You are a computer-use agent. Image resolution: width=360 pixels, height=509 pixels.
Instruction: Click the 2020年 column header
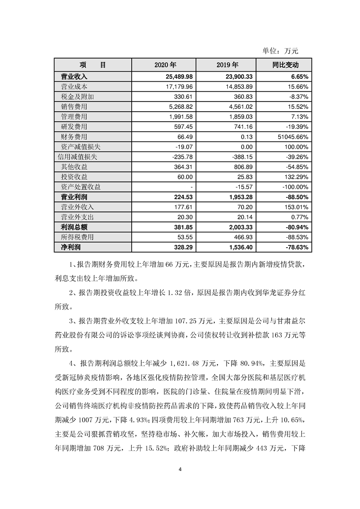pyautogui.click(x=165, y=65)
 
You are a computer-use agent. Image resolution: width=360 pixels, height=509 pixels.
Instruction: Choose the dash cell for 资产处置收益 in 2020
pyautogui.click(x=192, y=187)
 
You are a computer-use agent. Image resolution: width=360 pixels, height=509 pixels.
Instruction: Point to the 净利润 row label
pyautogui.click(x=70, y=247)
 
